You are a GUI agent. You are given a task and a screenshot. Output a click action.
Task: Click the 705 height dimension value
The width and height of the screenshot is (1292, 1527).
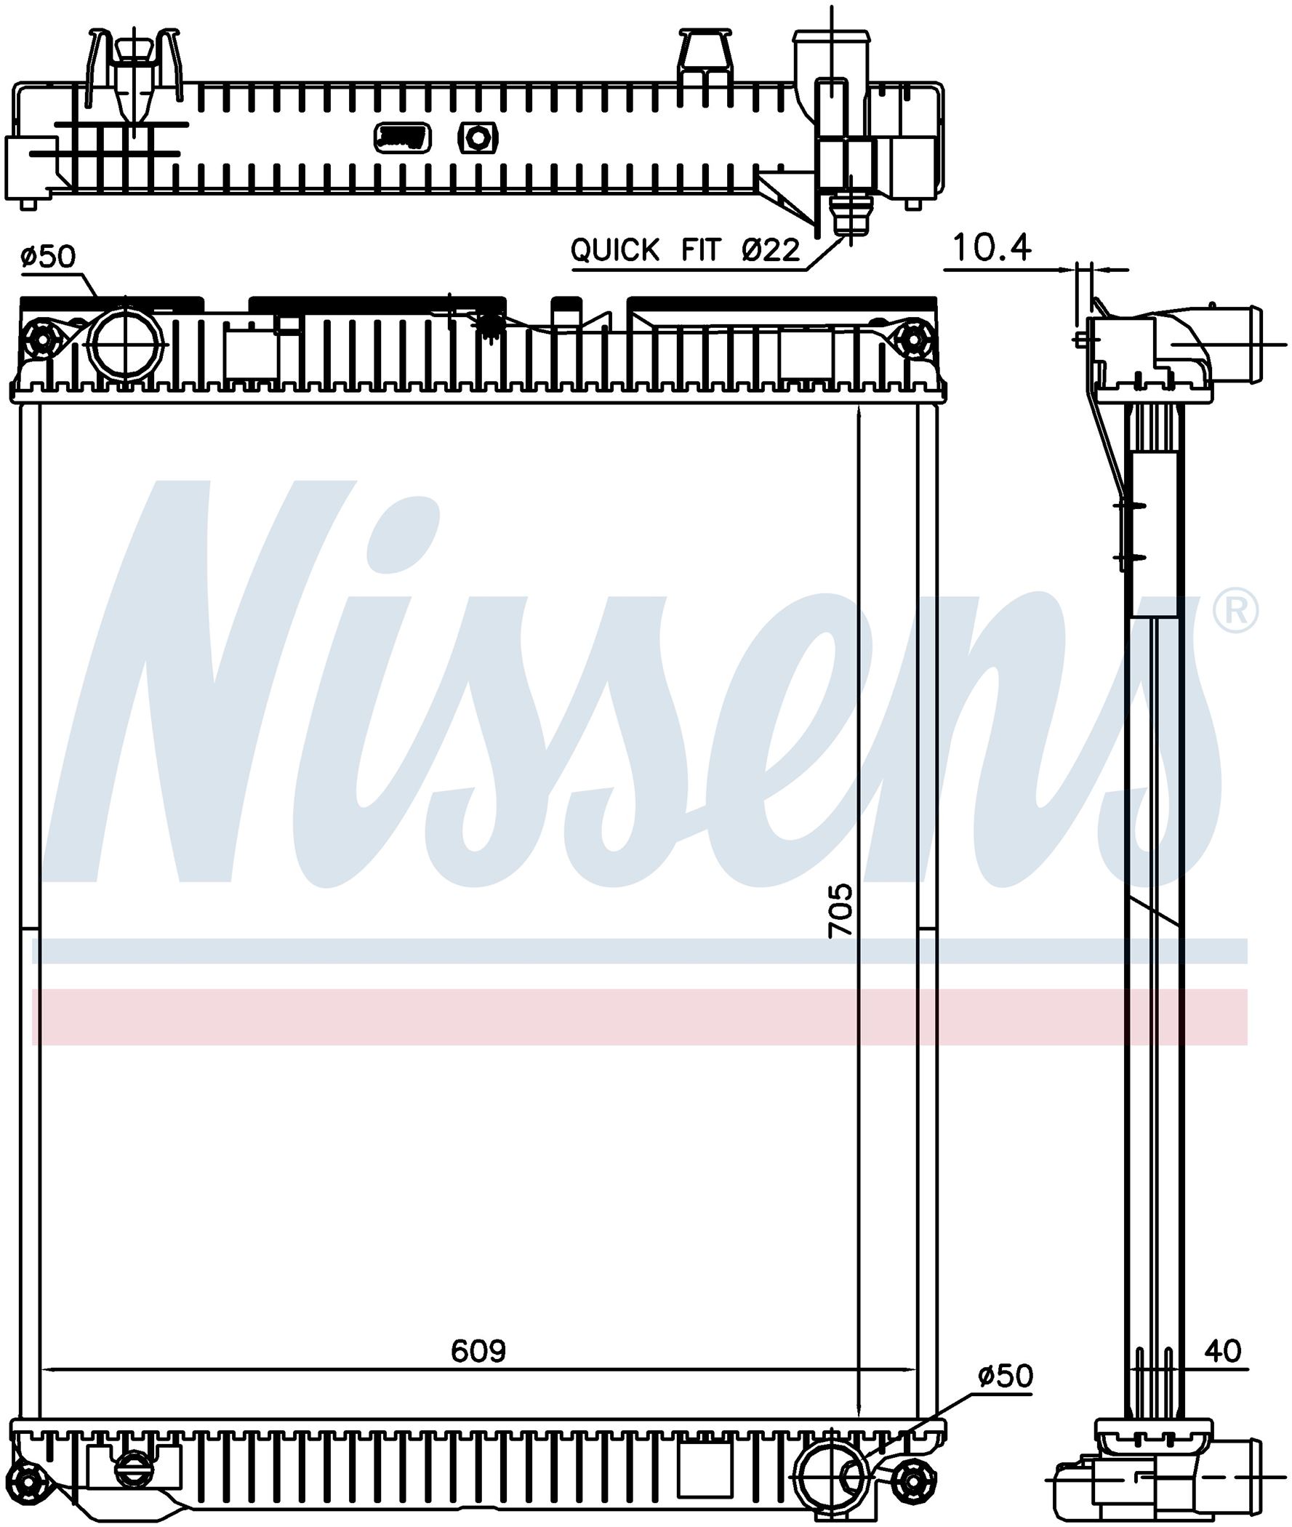[x=840, y=910]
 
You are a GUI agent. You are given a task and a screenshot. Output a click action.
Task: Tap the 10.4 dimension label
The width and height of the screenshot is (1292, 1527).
[x=992, y=247]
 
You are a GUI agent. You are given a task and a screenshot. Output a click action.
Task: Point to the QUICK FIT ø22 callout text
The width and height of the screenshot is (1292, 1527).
[x=685, y=250]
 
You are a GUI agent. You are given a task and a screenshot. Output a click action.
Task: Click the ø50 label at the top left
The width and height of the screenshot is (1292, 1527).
[x=48, y=257]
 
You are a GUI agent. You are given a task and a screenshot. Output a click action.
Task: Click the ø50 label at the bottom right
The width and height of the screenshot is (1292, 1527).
[x=1006, y=1376]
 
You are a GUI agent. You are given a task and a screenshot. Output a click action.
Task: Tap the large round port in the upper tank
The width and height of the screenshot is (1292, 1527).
[x=126, y=343]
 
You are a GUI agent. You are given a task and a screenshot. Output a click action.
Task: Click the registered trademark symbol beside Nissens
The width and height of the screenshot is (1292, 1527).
[x=1236, y=613]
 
